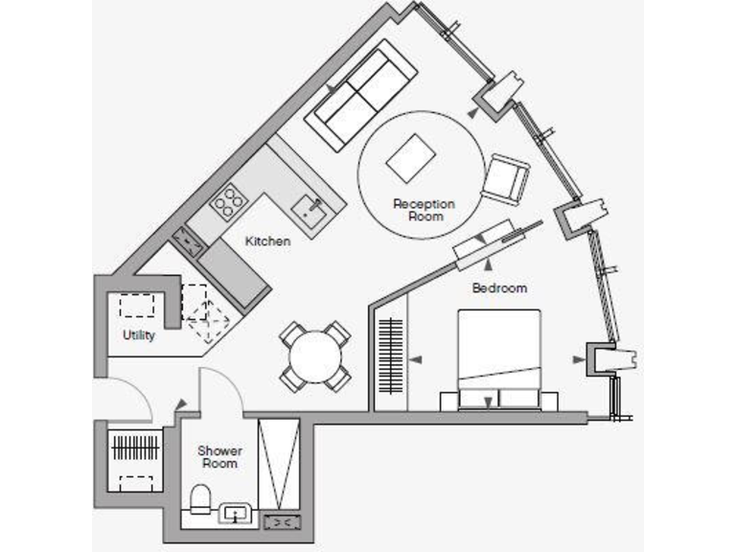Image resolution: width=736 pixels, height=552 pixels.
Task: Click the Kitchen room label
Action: point(267,241)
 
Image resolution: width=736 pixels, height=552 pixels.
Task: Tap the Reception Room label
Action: point(424,210)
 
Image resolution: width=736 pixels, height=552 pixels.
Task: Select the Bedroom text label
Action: point(499,287)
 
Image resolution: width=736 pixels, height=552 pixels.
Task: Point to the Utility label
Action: point(138,335)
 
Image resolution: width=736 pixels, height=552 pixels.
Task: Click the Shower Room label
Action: point(219,457)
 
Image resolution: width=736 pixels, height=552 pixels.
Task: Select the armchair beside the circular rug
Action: point(506,179)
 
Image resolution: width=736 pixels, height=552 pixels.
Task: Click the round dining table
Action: point(315,358)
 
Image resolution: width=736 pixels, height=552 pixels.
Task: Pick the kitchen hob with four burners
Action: point(227,202)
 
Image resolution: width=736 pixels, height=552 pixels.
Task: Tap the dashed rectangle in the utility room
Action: point(139,306)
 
